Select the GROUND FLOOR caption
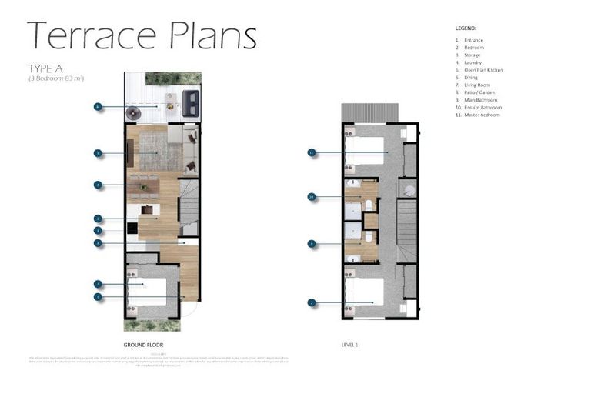point(143,345)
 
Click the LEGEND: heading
point(466,28)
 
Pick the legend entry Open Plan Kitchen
point(482,70)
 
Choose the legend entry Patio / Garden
point(480,92)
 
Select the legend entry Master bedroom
point(481,115)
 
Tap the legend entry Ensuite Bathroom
point(482,107)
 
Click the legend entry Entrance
point(473,40)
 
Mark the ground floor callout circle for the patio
point(98,106)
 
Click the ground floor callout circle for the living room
point(98,153)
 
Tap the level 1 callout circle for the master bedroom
point(312,152)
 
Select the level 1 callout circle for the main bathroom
point(312,244)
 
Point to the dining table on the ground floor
point(144,185)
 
